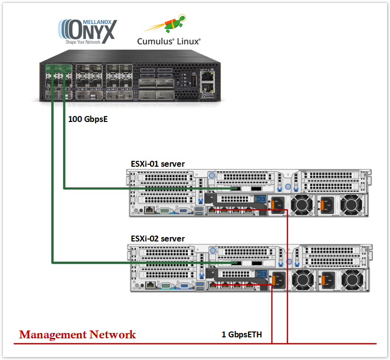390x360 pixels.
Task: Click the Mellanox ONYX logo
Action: click(x=88, y=31)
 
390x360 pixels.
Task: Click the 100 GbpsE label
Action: click(x=87, y=119)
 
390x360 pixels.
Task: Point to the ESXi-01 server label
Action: click(x=157, y=163)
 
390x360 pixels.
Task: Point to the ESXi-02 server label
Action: click(x=157, y=239)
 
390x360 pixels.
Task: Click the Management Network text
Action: click(x=77, y=335)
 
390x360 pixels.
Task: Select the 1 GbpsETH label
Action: click(x=241, y=335)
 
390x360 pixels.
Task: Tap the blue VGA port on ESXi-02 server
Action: click(x=184, y=285)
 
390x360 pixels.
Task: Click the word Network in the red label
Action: click(x=113, y=335)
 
